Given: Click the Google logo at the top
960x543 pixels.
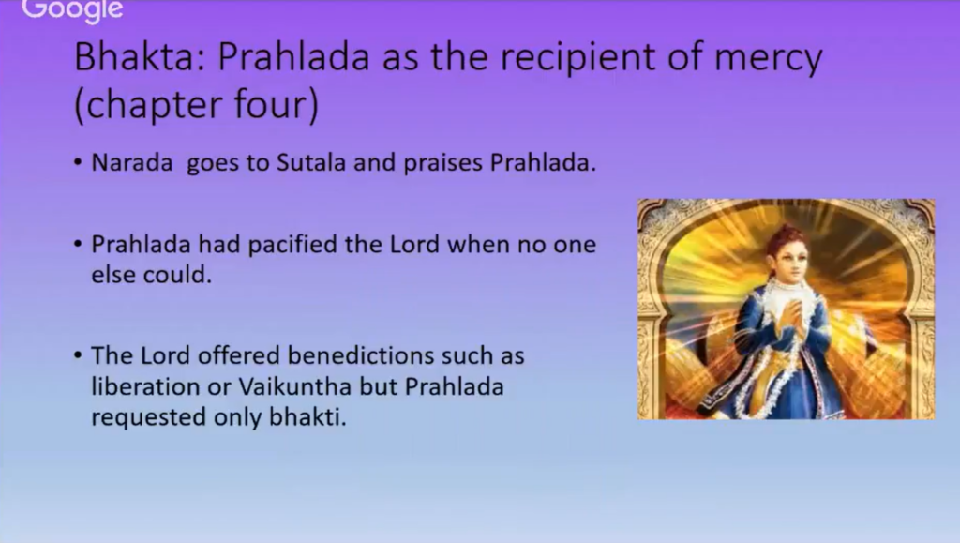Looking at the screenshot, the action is [72, 10].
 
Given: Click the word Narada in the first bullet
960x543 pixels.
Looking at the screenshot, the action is [132, 162].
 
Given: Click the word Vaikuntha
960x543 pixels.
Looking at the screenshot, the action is [295, 387].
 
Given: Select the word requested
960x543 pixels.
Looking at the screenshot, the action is [148, 418].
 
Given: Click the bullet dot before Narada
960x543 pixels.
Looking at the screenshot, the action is [78, 163].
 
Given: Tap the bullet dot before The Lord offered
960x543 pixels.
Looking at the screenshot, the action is [78, 355].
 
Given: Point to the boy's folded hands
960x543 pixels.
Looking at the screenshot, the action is [794, 318].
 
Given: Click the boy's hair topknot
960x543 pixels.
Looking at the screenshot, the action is [787, 234].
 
